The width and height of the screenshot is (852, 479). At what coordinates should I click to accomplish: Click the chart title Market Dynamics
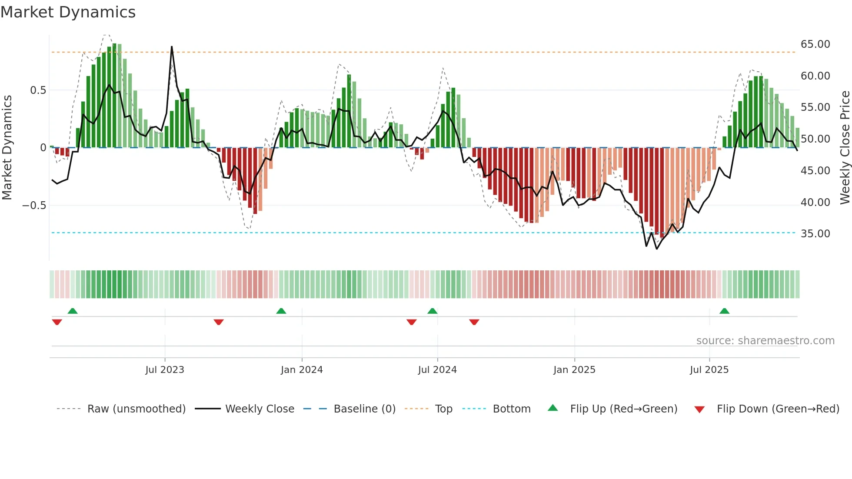(68, 12)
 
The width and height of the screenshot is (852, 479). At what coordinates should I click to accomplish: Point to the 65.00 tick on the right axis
(815, 44)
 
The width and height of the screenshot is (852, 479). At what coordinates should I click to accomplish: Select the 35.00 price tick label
(815, 234)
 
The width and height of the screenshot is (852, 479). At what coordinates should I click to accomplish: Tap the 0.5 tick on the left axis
(38, 90)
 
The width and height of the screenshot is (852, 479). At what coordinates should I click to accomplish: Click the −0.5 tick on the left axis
(34, 206)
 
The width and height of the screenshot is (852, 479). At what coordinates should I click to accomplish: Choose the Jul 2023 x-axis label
(165, 370)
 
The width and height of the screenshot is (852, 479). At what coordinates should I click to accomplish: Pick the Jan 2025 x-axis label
(574, 370)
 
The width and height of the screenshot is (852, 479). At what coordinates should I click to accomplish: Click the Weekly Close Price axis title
(845, 148)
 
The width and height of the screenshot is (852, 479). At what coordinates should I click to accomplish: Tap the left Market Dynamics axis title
(7, 148)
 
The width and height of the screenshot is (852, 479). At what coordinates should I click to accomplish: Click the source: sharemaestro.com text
(765, 341)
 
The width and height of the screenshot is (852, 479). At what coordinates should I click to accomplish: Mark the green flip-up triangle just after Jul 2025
(724, 311)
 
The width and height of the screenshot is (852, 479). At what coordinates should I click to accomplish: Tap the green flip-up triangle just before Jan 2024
(281, 311)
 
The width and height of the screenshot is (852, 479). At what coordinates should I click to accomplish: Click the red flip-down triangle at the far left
(57, 322)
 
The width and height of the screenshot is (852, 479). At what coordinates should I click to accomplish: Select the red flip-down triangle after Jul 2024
(474, 322)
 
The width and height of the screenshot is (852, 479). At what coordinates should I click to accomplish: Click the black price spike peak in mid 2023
(172, 47)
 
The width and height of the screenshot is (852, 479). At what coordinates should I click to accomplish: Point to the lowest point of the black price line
(656, 249)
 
